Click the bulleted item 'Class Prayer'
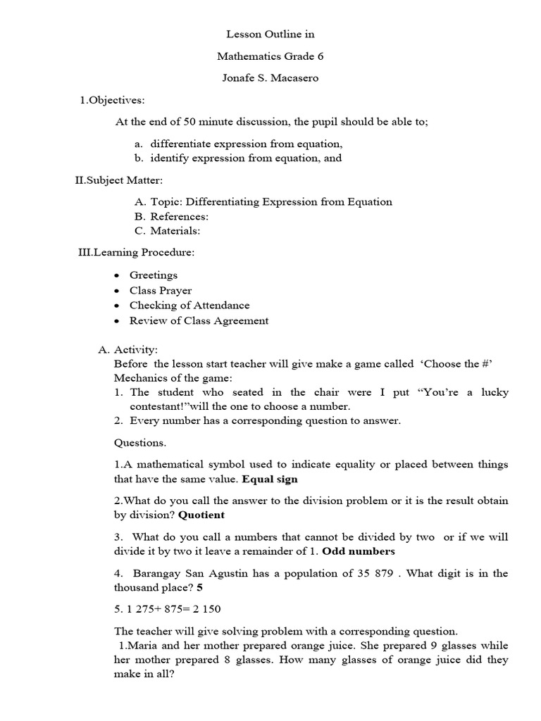click(x=160, y=290)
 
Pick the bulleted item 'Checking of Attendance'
click(x=189, y=306)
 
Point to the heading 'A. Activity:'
click(x=128, y=349)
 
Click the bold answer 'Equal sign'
click(x=270, y=479)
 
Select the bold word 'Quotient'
click(x=201, y=515)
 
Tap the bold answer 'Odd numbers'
click(x=358, y=551)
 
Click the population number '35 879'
click(x=400, y=573)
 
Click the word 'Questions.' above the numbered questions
click(x=140, y=443)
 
